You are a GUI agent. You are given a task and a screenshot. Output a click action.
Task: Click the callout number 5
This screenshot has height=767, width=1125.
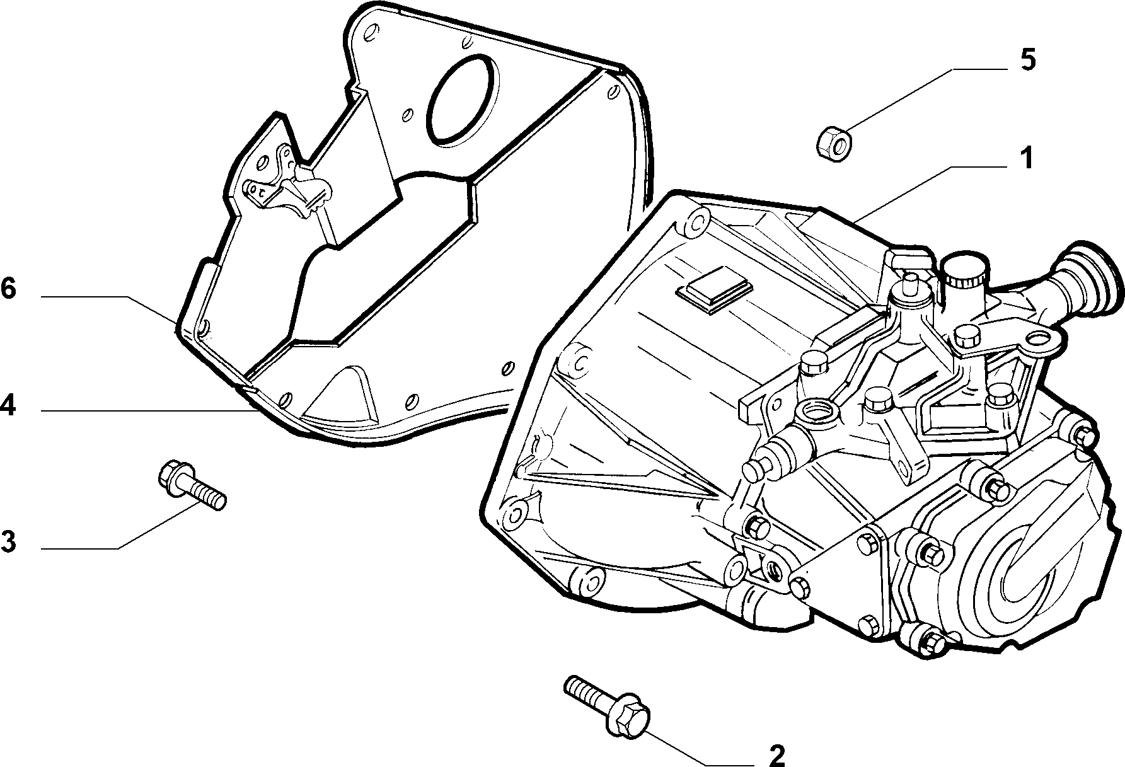click(1027, 61)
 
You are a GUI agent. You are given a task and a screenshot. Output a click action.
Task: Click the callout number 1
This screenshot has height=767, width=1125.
click(1027, 159)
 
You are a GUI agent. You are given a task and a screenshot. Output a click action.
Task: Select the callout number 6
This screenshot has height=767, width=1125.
click(8, 289)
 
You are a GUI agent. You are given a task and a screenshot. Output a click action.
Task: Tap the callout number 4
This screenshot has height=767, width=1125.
click(8, 406)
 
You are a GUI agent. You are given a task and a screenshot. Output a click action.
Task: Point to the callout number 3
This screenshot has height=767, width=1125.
click(8, 541)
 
